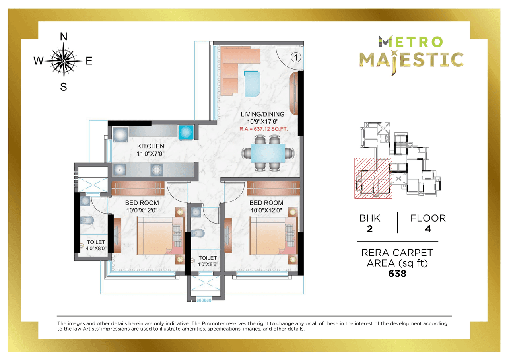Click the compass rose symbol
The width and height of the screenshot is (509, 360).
(63, 61)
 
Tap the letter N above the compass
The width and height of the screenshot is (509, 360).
(63, 37)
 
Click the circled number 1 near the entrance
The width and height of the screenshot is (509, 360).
(295, 57)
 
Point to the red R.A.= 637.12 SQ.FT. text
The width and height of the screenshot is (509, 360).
(263, 129)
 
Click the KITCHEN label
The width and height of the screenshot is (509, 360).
(151, 146)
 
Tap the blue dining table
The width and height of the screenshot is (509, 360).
(268, 153)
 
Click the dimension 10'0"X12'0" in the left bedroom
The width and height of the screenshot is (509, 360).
(142, 210)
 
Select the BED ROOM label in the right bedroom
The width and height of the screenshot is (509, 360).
(266, 203)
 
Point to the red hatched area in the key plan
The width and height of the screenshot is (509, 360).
(373, 178)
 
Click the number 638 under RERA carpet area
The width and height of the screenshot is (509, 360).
(397, 274)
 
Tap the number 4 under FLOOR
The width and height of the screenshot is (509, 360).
(428, 229)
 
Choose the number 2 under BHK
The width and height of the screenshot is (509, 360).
(369, 229)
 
